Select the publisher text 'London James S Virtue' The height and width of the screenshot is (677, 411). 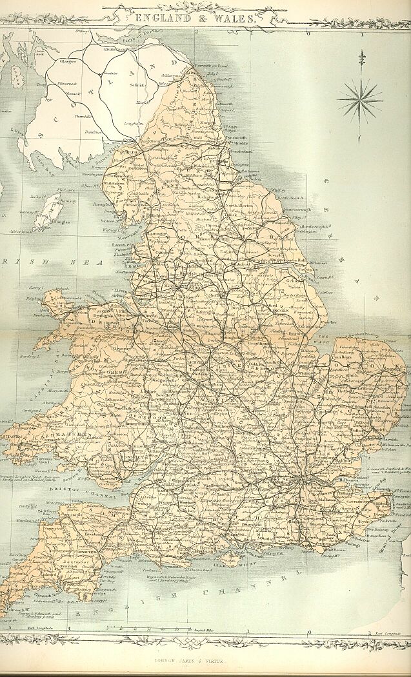pos(206,660)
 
